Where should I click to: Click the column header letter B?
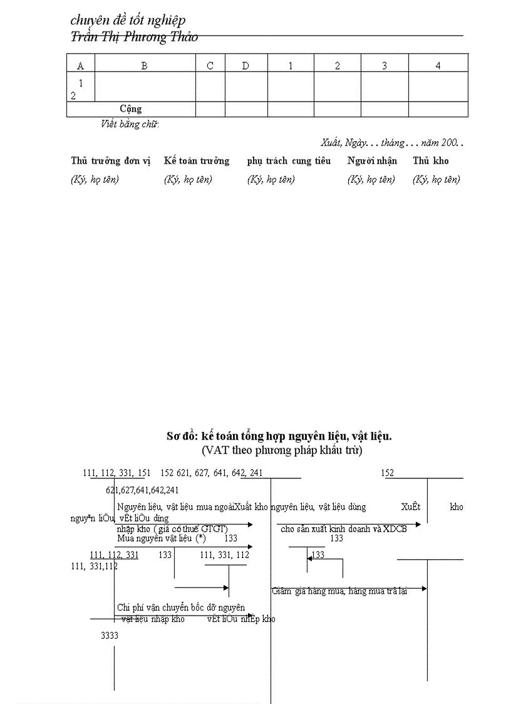(x=144, y=66)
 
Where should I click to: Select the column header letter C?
(x=210, y=66)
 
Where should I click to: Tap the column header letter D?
(x=245, y=66)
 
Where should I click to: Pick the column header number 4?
(x=438, y=66)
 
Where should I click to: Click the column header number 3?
(x=385, y=66)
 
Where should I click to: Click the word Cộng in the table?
(x=131, y=109)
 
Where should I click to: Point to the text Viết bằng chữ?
(x=130, y=124)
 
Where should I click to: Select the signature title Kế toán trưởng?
(x=197, y=161)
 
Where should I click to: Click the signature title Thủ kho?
(x=431, y=161)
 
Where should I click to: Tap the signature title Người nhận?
(x=372, y=161)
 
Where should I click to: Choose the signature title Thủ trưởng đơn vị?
(x=111, y=161)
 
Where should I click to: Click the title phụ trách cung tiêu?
(x=289, y=161)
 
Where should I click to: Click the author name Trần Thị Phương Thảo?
(x=135, y=37)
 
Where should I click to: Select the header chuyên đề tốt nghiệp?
(x=128, y=21)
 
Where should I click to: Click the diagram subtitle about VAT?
(x=282, y=449)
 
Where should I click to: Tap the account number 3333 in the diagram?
(x=110, y=635)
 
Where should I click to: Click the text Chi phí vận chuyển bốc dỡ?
(x=181, y=607)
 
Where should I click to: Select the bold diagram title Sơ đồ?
(x=279, y=436)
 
